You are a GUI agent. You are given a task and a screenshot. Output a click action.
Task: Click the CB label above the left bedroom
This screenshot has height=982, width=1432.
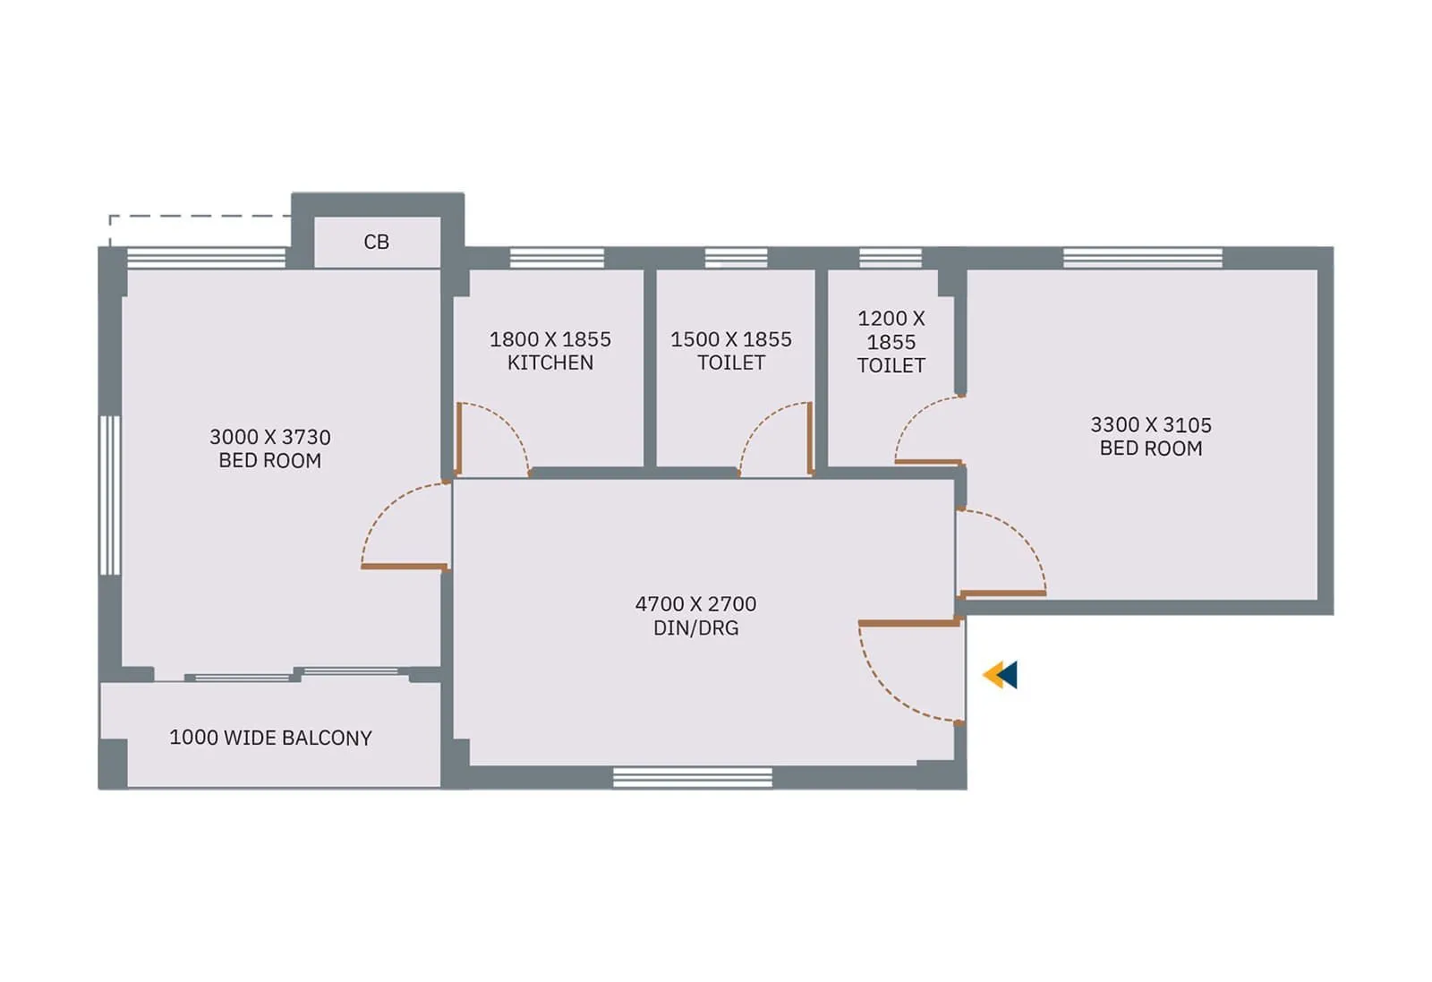pyautogui.click(x=376, y=242)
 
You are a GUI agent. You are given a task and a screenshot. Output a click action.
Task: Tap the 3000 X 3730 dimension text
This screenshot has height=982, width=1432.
pyautogui.click(x=269, y=437)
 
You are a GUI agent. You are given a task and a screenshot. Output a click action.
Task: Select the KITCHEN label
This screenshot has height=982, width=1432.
pyautogui.click(x=550, y=363)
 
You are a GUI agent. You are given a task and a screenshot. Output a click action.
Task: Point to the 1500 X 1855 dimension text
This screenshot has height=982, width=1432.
pyautogui.click(x=730, y=339)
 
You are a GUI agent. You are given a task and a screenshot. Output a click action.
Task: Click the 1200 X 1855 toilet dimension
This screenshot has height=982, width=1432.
pyautogui.click(x=891, y=330)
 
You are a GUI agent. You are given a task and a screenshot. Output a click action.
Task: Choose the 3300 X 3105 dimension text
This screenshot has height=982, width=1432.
pyautogui.click(x=1150, y=424)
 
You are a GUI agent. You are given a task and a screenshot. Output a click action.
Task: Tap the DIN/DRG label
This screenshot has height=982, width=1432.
pyautogui.click(x=695, y=628)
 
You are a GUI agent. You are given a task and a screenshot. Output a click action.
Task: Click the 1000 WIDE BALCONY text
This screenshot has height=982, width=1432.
pyautogui.click(x=270, y=738)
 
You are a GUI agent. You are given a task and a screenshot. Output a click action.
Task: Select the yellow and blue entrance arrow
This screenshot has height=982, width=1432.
pyautogui.click(x=1000, y=674)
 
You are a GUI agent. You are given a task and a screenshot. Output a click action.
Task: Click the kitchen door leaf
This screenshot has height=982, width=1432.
pyautogui.click(x=458, y=438)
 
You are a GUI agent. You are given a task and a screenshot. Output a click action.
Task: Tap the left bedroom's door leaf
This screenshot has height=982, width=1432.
pyautogui.click(x=404, y=567)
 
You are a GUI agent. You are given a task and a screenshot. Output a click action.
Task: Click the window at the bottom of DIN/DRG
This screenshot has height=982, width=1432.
pyautogui.click(x=692, y=777)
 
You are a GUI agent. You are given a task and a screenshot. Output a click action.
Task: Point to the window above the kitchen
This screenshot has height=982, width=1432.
pyautogui.click(x=557, y=258)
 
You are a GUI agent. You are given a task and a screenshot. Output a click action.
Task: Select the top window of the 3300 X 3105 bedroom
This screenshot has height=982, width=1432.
pyautogui.click(x=1142, y=258)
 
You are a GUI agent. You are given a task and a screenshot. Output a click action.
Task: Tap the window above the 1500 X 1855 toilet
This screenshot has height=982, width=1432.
pyautogui.click(x=736, y=258)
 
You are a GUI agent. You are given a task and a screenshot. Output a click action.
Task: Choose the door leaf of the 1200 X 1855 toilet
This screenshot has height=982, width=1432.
pyautogui.click(x=928, y=462)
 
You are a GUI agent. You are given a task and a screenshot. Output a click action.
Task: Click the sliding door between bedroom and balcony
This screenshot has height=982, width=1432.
pyautogui.click(x=295, y=674)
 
